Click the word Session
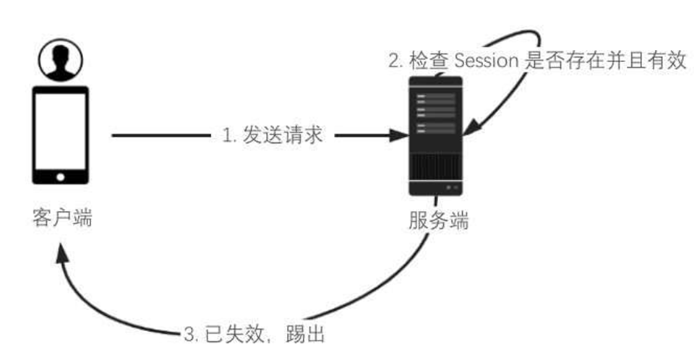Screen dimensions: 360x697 pyautogui.click(x=486, y=61)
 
